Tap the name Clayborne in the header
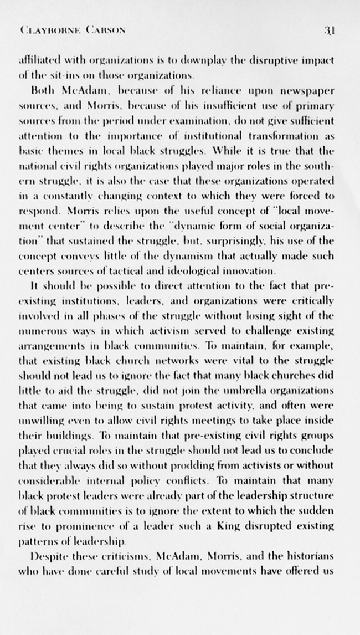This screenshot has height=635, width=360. click(48, 30)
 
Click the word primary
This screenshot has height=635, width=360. click(315, 105)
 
